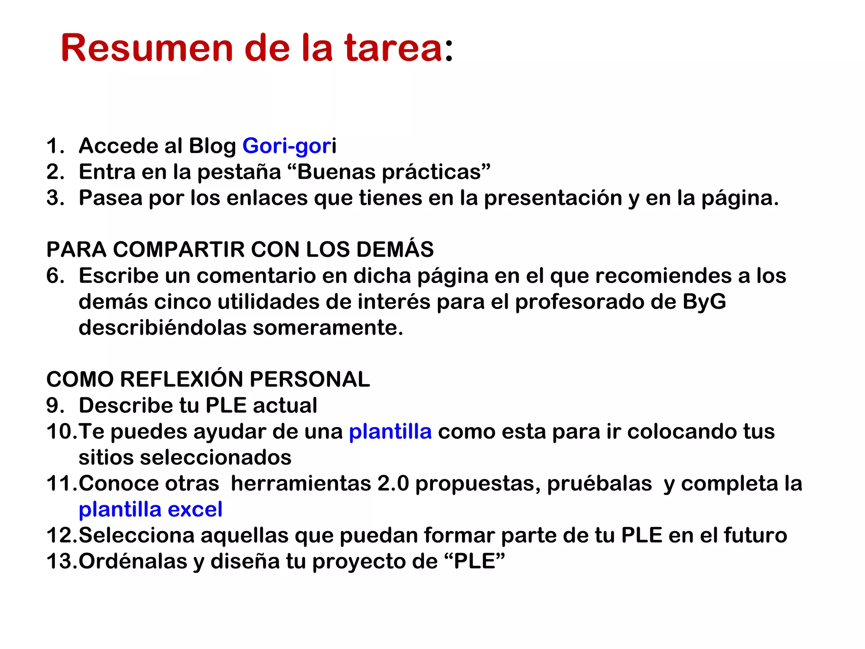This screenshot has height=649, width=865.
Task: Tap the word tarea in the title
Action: pyautogui.click(x=393, y=48)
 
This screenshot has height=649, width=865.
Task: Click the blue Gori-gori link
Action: pyautogui.click(x=289, y=146)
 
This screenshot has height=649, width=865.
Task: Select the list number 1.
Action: pyautogui.click(x=54, y=146)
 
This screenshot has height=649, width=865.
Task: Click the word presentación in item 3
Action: pyautogui.click(x=553, y=198)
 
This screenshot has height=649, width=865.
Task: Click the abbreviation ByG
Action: pyautogui.click(x=704, y=302)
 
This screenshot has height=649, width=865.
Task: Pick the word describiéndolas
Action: pyautogui.click(x=162, y=328)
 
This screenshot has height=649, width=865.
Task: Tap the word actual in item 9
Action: pyautogui.click(x=285, y=405)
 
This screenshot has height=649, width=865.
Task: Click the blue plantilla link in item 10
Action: pyautogui.click(x=390, y=431)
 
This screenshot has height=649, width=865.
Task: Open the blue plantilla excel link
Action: pyautogui.click(x=150, y=509)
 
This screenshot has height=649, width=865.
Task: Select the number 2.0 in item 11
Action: pyautogui.click(x=393, y=483)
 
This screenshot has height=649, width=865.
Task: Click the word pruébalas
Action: pyautogui.click(x=599, y=483)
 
